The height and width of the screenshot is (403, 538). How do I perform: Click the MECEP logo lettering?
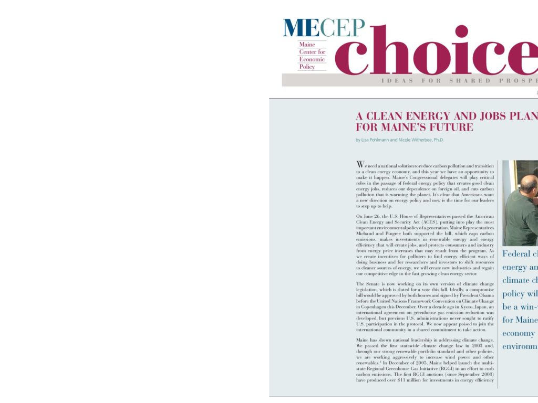click(324, 28)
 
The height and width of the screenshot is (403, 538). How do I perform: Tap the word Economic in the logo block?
click(312, 59)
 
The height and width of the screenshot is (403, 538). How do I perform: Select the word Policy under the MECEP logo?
click(307, 67)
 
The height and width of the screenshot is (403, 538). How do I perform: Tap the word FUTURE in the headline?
click(452, 127)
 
